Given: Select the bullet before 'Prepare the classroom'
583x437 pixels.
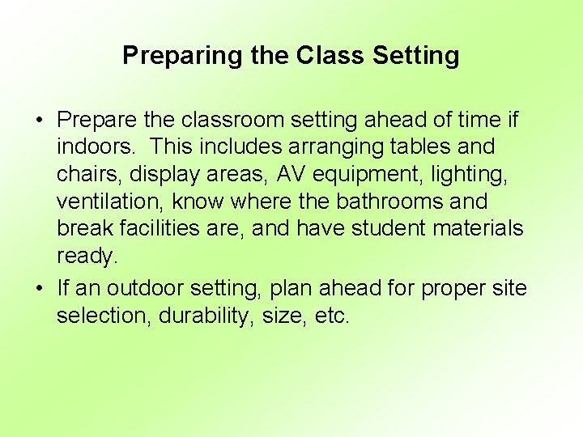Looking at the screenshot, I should (38, 121).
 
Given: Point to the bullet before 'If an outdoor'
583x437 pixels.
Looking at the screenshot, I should (38, 288).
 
